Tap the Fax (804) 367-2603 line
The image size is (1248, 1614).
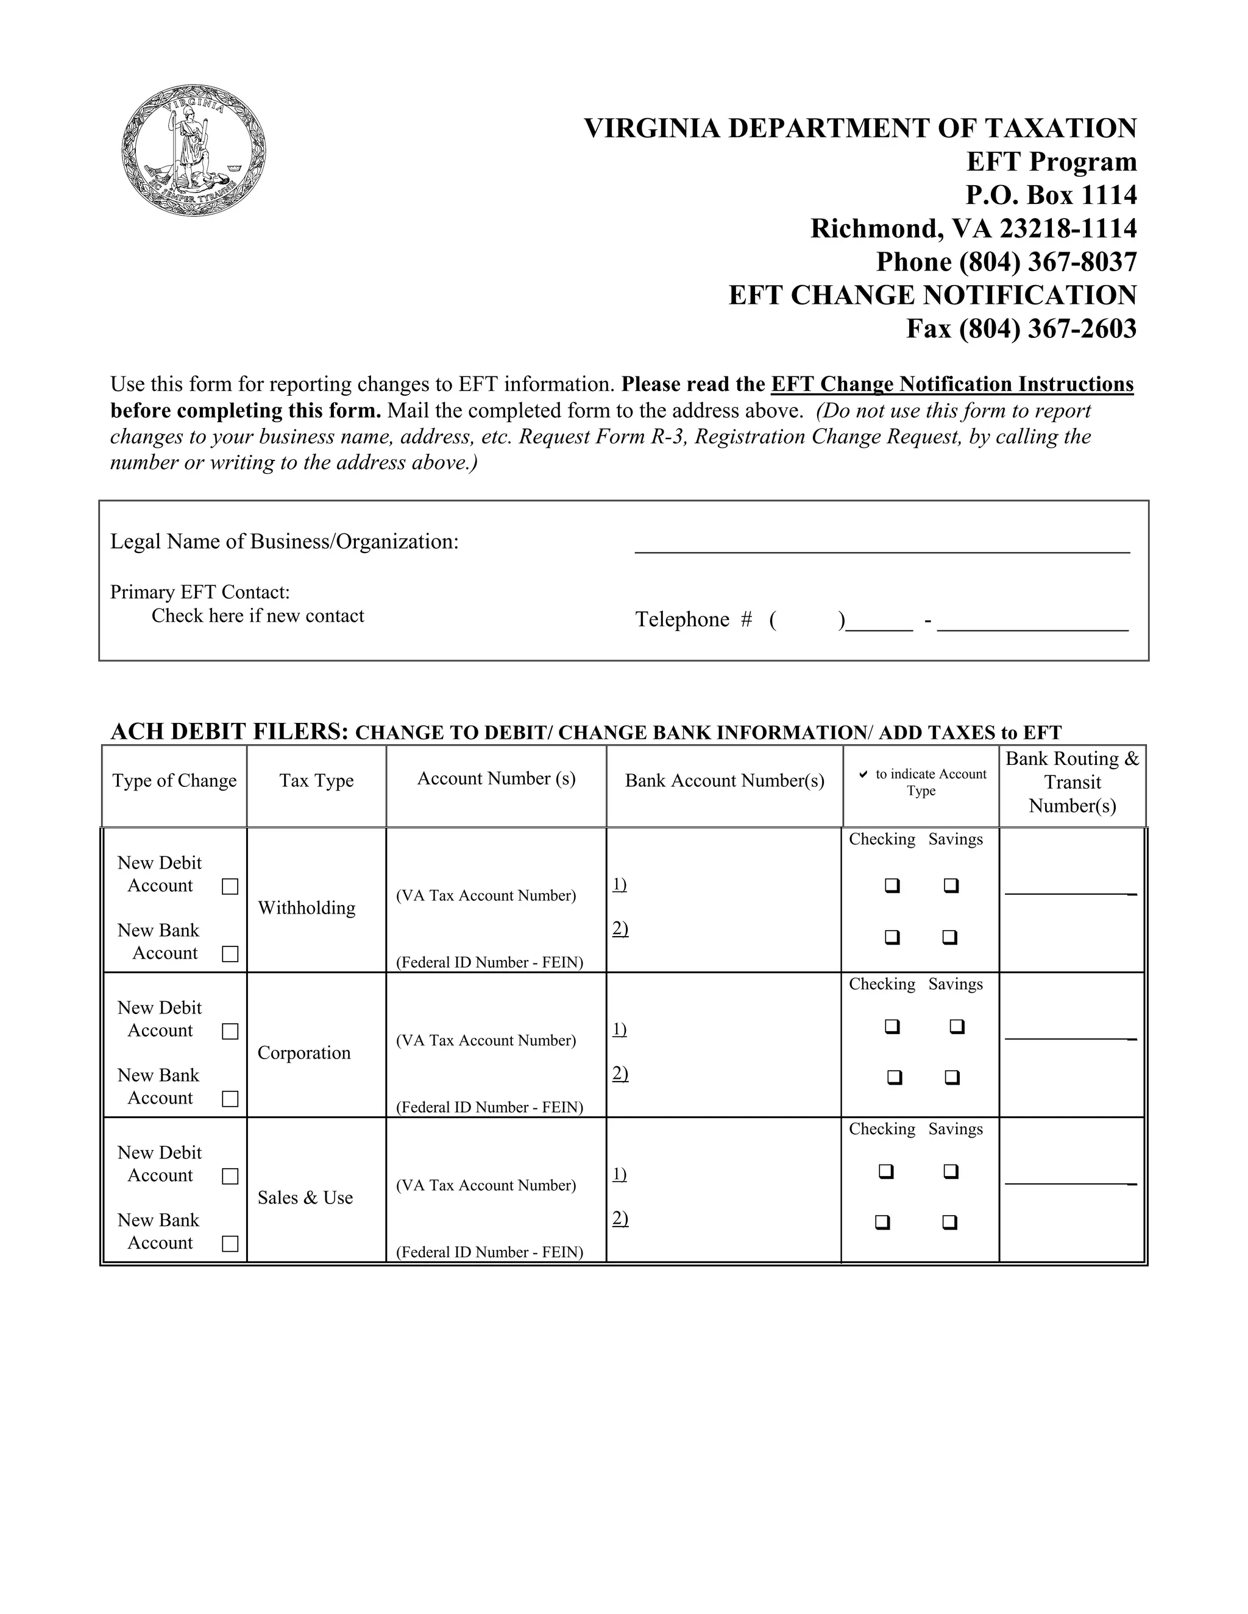1021,328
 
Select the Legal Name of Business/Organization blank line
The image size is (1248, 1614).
881,543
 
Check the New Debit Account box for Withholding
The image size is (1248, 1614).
230,886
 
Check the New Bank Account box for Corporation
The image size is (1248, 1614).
230,1099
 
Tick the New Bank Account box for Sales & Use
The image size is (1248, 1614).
230,1244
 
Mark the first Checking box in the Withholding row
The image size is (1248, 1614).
892,886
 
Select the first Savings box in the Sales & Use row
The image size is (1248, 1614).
951,1171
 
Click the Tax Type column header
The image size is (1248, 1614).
316,781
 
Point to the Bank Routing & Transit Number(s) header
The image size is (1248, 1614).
1072,782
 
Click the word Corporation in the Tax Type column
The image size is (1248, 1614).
304,1053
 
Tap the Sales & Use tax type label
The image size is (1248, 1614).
305,1198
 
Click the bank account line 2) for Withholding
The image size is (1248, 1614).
620,929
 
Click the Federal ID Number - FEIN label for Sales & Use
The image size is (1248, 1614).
489,1252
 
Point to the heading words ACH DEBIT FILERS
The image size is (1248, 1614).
229,731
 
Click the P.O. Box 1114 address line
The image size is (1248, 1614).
1051,195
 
